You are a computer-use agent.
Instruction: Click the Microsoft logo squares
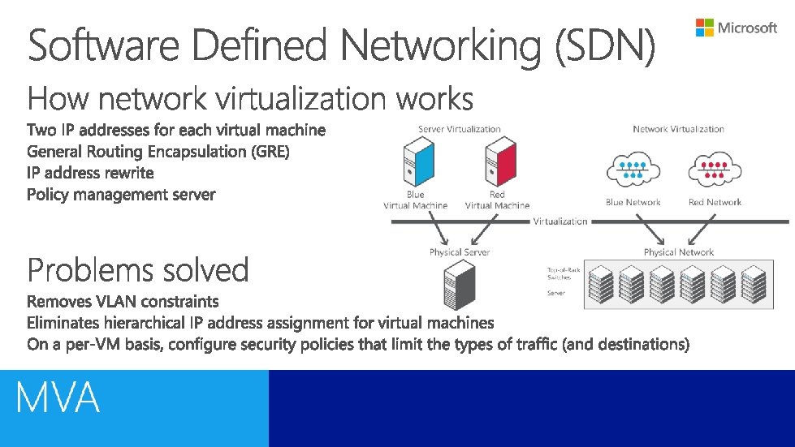[705, 28]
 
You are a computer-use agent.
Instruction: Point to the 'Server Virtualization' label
[459, 129]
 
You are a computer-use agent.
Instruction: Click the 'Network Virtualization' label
[678, 129]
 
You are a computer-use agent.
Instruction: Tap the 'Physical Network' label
[678, 252]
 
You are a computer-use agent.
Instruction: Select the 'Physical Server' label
[460, 252]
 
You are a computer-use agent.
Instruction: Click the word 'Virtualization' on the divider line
[560, 221]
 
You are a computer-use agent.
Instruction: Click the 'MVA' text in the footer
[58, 398]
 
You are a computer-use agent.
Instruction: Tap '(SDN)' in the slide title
[604, 46]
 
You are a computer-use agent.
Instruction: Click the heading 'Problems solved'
[138, 269]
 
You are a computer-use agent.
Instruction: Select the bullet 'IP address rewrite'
[90, 173]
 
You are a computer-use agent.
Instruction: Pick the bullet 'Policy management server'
[121, 195]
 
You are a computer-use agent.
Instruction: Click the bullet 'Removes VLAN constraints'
[123, 302]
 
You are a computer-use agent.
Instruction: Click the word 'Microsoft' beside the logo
[748, 28]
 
